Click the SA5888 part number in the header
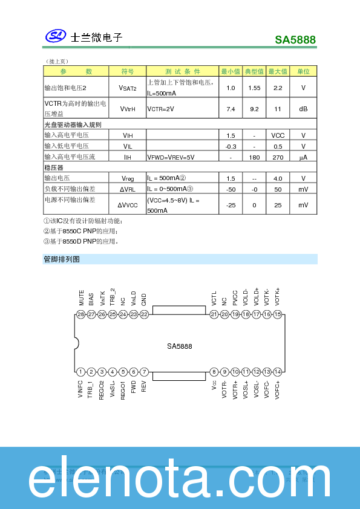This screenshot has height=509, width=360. point(295,40)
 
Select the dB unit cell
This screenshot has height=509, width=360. point(303,109)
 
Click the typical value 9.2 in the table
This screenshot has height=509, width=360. point(254,109)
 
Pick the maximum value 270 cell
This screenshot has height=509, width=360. point(278,157)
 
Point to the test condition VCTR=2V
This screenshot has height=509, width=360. point(161,109)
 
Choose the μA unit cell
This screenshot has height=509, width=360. point(303,157)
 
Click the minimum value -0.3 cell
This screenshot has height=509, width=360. point(231,146)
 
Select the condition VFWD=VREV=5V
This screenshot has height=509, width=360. point(171,157)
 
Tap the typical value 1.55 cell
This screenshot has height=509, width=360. point(254,88)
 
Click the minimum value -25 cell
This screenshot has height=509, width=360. point(231,205)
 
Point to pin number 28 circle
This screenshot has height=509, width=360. point(80,314)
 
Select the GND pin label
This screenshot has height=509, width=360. point(144,299)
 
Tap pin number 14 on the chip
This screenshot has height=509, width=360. point(277,372)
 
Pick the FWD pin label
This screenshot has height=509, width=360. point(133,387)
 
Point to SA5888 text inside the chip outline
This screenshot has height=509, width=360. point(180,346)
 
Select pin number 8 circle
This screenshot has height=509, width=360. point(214,372)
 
